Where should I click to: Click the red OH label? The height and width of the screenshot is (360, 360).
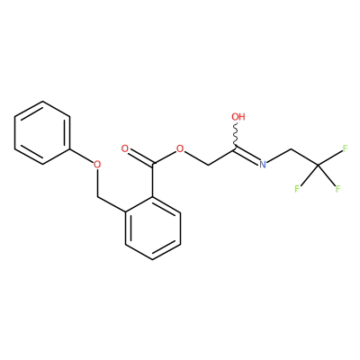pos(238,117)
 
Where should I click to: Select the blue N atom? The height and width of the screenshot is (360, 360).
pos(263,164)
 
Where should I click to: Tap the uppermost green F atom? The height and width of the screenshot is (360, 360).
pos(345,148)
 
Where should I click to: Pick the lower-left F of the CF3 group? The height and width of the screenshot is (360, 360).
pos(297,189)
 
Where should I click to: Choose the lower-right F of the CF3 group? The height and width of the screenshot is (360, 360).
pos(338,189)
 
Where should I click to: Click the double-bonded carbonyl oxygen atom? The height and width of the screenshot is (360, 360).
pos(125,148)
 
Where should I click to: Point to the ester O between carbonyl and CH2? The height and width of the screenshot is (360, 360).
pos(180,148)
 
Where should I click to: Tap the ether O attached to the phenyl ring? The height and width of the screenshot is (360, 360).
pos(97,164)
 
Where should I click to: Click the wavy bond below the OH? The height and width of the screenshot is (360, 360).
pos(237,134)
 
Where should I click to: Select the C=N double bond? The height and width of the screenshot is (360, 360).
pos(247,154)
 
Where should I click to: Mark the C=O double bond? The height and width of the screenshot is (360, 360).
pos(141,157)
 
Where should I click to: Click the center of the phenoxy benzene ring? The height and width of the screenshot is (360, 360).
pos(42,132)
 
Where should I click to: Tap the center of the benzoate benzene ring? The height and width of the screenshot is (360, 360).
pos(153,228)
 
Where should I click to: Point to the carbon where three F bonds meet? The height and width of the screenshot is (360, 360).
pos(318,165)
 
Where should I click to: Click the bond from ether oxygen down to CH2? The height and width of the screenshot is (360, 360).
pos(97,183)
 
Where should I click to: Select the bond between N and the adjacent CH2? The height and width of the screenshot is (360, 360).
pos(279,156)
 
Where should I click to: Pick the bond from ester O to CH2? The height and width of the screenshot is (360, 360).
pos(196,158)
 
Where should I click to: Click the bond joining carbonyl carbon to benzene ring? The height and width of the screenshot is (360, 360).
pos(153,181)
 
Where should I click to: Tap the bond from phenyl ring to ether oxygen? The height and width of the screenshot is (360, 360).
pos(81,155)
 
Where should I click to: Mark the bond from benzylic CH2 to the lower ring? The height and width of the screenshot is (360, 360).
pos(112,204)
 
